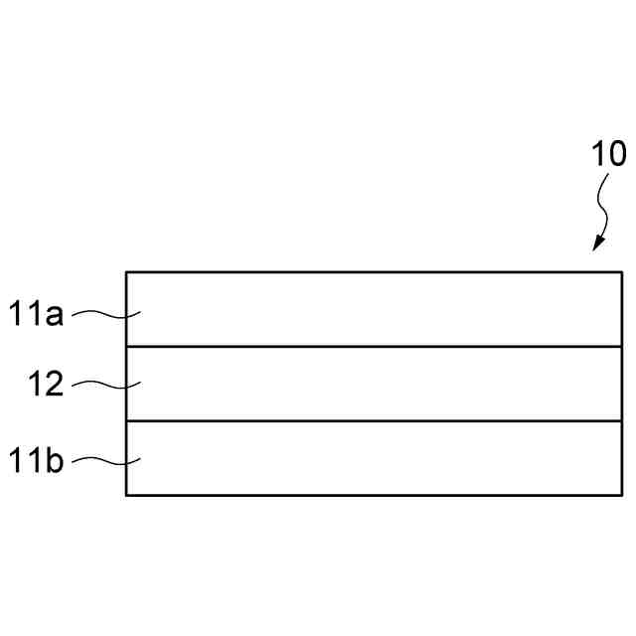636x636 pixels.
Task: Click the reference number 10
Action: tap(608, 154)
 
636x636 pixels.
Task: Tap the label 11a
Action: tap(38, 315)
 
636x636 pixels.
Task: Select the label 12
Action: tap(46, 385)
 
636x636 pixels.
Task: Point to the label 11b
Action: tap(38, 461)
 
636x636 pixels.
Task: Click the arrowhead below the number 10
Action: tap(598, 243)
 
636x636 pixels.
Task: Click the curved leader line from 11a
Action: tap(107, 315)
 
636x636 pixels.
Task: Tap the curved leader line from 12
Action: tap(107, 384)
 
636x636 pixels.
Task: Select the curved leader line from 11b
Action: tap(107, 460)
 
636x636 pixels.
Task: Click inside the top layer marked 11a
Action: tap(373, 309)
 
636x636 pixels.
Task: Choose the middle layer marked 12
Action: tap(373, 384)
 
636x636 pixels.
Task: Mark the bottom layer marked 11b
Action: tap(373, 458)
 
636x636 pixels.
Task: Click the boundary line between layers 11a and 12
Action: tap(373, 347)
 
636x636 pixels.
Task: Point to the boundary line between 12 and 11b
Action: tap(373, 421)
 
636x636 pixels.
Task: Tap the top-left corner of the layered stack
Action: tap(126, 271)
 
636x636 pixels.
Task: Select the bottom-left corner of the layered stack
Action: tap(126, 495)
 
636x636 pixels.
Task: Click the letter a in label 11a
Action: tap(56, 317)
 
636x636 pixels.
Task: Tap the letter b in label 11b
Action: tap(56, 461)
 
